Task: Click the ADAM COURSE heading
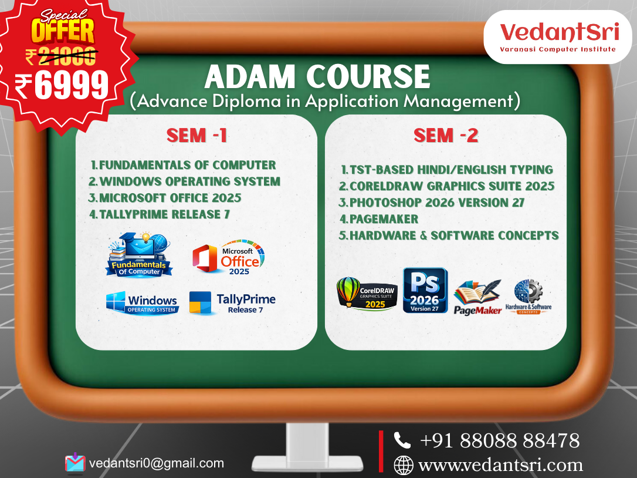tap(317, 77)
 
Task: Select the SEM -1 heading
tap(196, 136)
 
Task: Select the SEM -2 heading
tap(446, 136)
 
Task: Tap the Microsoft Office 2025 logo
tap(229, 258)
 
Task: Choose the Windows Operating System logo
tap(143, 304)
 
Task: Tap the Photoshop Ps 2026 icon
tap(425, 290)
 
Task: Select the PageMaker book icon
tap(478, 297)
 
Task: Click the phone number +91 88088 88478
tap(500, 440)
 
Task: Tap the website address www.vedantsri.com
tap(500, 465)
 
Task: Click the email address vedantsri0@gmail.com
tap(157, 463)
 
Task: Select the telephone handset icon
tap(402, 440)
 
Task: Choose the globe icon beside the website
tap(403, 465)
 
